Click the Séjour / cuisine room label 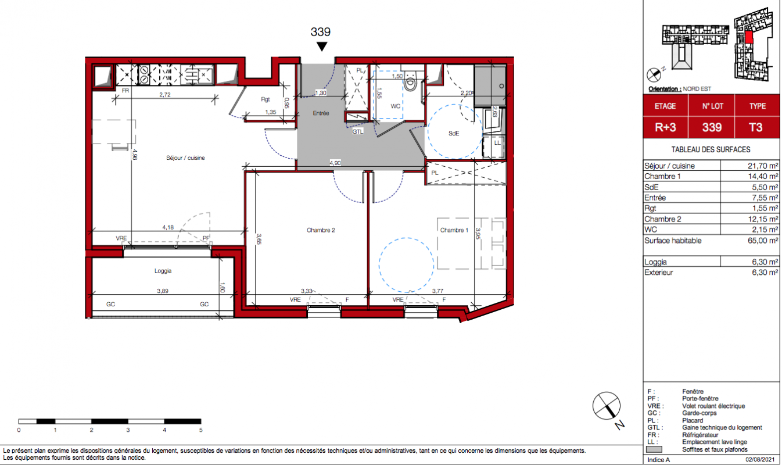click(x=185, y=158)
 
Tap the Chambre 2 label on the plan click(x=321, y=230)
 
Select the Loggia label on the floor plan click(x=163, y=271)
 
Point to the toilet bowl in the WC click(x=411, y=83)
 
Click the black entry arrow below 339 click(x=321, y=46)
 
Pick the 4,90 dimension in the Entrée click(x=335, y=163)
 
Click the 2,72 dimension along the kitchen click(x=165, y=95)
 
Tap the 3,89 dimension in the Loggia click(x=163, y=291)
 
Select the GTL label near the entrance click(x=358, y=131)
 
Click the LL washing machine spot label click(x=497, y=142)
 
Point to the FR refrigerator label click(x=125, y=91)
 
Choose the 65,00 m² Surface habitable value click(x=763, y=241)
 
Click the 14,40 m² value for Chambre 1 click(x=763, y=177)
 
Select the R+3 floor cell click(x=665, y=127)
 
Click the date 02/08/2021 click(x=760, y=460)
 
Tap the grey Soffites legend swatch click(x=654, y=450)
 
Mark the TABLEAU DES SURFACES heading click(x=711, y=149)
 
